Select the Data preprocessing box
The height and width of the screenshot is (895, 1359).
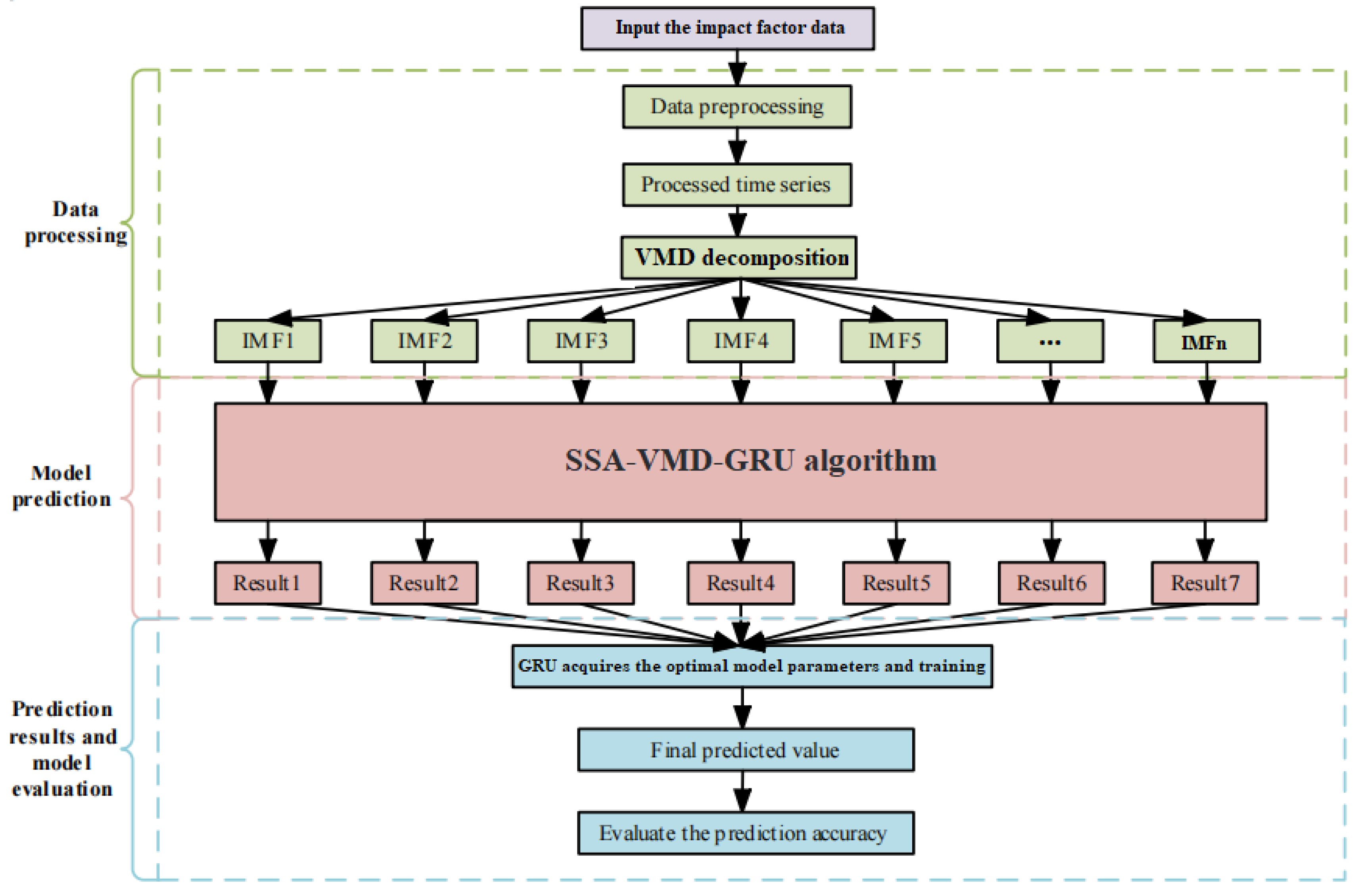(736, 107)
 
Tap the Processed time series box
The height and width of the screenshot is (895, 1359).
(736, 185)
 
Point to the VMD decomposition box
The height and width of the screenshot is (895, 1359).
(739, 258)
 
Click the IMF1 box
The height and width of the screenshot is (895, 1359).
(268, 341)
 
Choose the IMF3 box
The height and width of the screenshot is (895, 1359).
(581, 341)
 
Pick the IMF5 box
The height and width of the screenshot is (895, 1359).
(894, 341)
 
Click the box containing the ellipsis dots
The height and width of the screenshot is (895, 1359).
(1050, 341)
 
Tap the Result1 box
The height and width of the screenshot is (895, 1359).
(268, 583)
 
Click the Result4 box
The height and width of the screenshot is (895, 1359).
(740, 583)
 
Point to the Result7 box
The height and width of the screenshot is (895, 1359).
(1205, 583)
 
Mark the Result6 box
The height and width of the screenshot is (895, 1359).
(1052, 583)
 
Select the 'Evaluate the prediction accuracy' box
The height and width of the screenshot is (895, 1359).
(746, 834)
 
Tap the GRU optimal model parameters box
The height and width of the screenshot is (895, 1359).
(752, 666)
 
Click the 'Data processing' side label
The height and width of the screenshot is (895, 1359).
(75, 223)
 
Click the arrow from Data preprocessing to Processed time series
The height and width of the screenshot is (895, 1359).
(737, 146)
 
